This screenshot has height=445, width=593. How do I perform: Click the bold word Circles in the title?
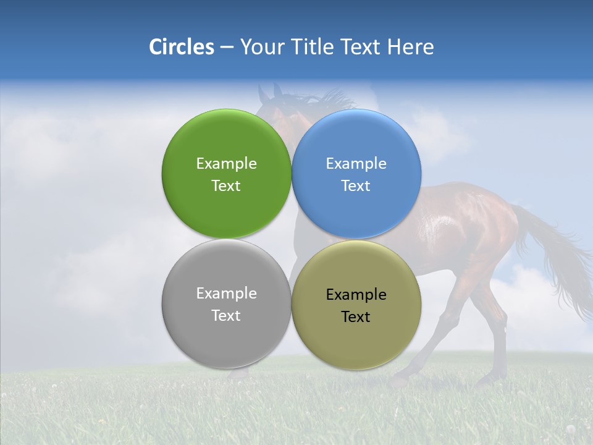[181, 47]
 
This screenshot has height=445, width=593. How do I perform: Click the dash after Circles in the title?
[227, 48]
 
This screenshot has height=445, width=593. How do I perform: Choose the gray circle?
[226, 337]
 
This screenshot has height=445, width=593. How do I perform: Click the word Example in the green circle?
[226, 164]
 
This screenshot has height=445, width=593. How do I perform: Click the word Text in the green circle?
[226, 186]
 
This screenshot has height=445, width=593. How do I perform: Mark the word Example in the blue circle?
[356, 164]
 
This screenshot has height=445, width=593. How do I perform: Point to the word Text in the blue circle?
[356, 186]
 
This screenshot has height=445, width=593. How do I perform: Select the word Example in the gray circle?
[226, 294]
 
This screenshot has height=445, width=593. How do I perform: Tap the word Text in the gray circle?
[226, 316]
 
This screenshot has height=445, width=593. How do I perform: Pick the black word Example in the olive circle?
[356, 295]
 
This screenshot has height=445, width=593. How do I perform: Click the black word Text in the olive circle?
[356, 317]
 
